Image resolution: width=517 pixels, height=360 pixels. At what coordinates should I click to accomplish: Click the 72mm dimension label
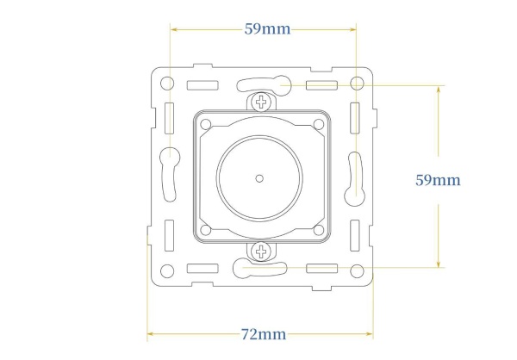[264, 334]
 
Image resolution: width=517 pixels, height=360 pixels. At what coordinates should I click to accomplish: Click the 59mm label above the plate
[267, 29]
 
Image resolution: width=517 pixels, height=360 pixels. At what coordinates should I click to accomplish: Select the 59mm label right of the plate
[438, 180]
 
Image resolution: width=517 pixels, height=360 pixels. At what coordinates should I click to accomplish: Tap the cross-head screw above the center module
[261, 102]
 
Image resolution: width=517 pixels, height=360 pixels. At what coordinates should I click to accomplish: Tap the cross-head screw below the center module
[261, 251]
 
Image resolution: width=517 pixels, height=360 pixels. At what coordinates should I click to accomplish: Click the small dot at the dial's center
[259, 178]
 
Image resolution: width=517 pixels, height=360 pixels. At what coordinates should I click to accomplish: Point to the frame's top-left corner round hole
[167, 83]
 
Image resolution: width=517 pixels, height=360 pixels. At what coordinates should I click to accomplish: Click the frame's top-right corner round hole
[357, 83]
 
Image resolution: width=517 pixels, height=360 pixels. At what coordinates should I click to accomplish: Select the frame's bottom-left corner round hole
[167, 271]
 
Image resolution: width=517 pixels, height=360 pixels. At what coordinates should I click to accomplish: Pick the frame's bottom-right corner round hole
[357, 271]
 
